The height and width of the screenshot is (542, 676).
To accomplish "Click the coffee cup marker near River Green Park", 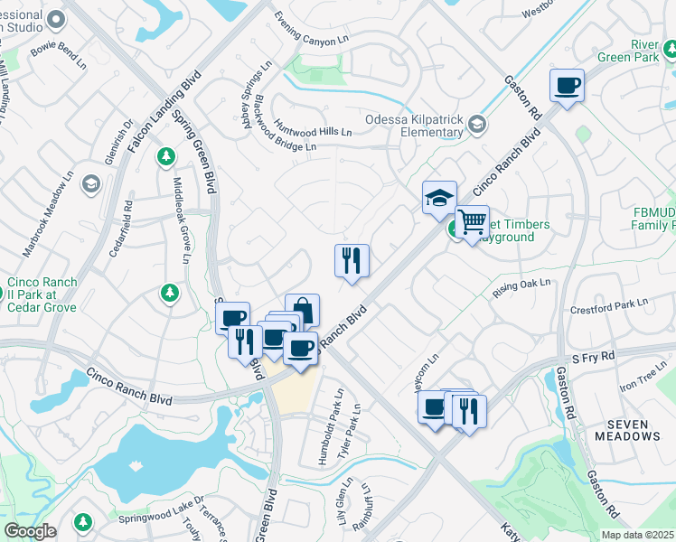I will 567,86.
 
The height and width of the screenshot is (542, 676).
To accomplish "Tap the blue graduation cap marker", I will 439,199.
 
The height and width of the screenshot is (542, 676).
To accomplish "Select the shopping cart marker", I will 472,222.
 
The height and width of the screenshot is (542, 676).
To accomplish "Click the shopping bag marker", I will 303,311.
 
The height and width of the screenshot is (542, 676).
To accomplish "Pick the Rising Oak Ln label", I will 521,289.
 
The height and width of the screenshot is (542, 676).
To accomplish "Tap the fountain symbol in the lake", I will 136,464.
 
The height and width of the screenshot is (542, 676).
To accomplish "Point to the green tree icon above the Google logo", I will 83,521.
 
